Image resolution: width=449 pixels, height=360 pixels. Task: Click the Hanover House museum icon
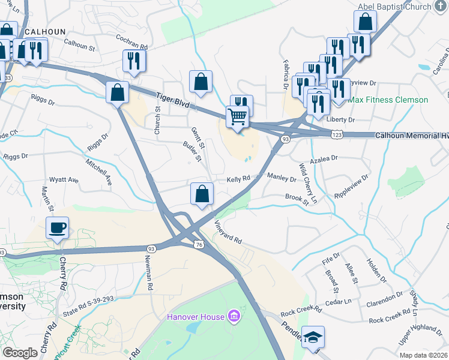pyautogui.click(x=234, y=316)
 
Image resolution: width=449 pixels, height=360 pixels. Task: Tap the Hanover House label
pyautogui.click(x=196, y=316)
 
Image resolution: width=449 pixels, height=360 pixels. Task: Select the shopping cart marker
pyautogui.click(x=238, y=116)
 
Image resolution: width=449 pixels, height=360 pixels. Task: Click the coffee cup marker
pyautogui.click(x=58, y=228)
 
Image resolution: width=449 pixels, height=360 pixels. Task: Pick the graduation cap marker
pyautogui.click(x=313, y=337)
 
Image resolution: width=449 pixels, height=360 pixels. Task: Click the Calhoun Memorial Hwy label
pyautogui.click(x=412, y=136)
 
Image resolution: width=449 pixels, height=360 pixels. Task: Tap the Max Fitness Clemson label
pyautogui.click(x=388, y=100)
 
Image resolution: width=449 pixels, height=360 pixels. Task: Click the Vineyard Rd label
pyautogui.click(x=228, y=232)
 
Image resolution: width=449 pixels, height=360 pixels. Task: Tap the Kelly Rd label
pyautogui.click(x=238, y=179)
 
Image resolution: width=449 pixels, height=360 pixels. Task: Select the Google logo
pyautogui.click(x=20, y=353)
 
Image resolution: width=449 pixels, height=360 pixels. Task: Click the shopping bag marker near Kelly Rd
pyautogui.click(x=202, y=194)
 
